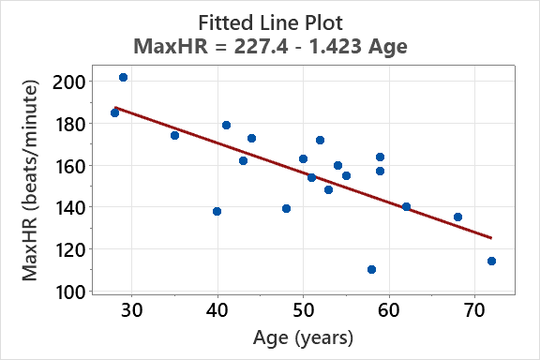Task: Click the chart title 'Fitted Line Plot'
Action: click(x=269, y=21)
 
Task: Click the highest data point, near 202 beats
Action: click(x=123, y=77)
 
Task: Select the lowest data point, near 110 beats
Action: click(x=371, y=269)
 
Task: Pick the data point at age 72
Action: click(x=491, y=261)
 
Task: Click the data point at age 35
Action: click(x=174, y=135)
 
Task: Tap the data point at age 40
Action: click(x=217, y=211)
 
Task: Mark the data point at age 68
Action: click(x=457, y=217)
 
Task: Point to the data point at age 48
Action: click(x=286, y=208)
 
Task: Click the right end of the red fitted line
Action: click(x=490, y=237)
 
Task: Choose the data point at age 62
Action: click(x=406, y=206)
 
